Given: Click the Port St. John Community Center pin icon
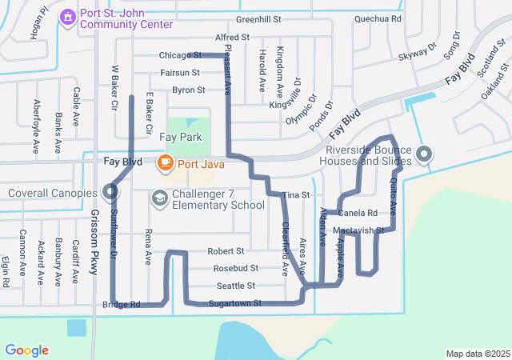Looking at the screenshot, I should [x=67, y=15].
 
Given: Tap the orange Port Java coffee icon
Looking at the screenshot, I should [x=166, y=162].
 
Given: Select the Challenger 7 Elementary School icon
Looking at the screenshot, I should [x=159, y=198].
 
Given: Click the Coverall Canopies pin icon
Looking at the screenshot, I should [x=110, y=192].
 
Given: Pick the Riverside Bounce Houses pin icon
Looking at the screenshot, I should [x=423, y=153].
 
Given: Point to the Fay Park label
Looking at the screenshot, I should [x=179, y=138].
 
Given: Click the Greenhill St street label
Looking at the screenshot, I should [x=259, y=19].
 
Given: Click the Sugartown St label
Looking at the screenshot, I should [x=235, y=304].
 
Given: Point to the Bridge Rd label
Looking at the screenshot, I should [x=122, y=305].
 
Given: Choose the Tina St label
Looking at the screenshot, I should [x=296, y=195].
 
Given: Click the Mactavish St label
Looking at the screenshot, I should [x=358, y=230].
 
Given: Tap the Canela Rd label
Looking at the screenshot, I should [x=358, y=214].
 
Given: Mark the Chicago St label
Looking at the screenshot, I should [x=179, y=56].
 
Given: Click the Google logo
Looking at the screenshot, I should [x=26, y=350].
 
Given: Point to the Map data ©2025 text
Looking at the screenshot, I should [x=477, y=354].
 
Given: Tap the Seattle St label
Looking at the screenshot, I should [x=235, y=286].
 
